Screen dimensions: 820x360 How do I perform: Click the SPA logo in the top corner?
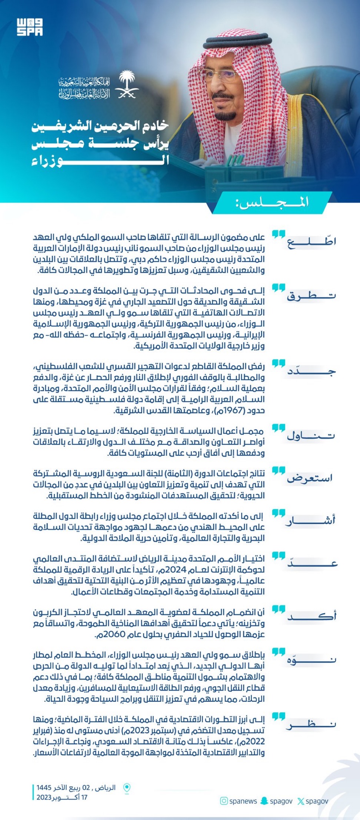30,27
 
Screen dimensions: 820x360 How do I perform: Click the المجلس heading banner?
273,202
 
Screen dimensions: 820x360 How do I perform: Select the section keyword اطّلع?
311,242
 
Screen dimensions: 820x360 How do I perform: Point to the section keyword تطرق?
311,296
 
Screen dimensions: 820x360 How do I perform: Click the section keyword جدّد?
311,371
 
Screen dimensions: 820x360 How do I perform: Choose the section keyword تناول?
311,436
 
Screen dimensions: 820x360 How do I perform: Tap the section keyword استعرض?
310,478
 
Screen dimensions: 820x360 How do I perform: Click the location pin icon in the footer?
127,788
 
